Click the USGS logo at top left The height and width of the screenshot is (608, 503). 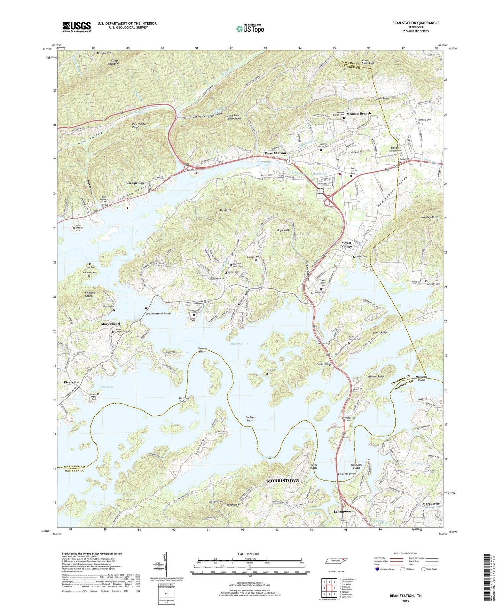[77, 27]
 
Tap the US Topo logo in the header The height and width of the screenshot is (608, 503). [250, 28]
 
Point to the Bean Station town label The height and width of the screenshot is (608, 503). [275, 153]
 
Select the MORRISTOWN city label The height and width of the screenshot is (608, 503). [283, 480]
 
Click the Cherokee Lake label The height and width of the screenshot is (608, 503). [239, 343]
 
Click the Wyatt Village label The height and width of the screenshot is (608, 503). [346, 244]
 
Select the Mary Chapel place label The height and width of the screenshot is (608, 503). [110, 324]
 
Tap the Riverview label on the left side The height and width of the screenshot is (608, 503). [71, 382]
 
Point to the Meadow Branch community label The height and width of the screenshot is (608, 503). [359, 114]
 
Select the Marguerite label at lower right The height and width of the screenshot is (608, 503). [431, 504]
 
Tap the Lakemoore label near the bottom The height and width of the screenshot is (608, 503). [343, 511]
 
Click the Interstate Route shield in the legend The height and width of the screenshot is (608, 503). [377, 569]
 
